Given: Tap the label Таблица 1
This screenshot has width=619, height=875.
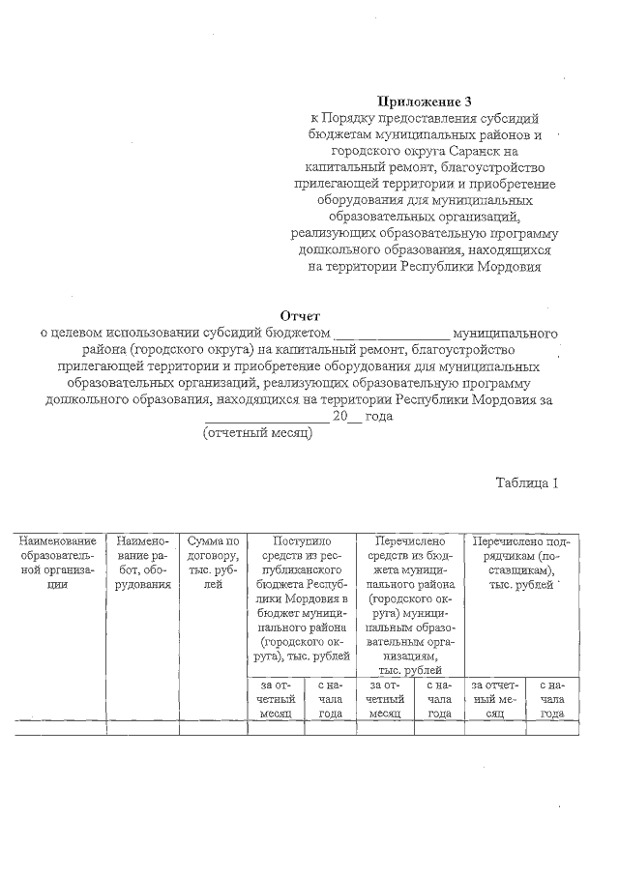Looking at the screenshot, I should click(x=527, y=482).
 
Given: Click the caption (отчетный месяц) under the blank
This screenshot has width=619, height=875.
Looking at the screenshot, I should click(x=256, y=432).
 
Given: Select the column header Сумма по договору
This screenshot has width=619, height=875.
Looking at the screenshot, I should click(x=213, y=556).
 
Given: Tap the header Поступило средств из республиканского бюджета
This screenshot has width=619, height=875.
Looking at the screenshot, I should click(x=302, y=599).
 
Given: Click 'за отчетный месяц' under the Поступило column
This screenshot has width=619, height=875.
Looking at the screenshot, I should click(x=275, y=699).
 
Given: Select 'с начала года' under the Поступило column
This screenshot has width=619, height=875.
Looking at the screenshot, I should click(x=330, y=699).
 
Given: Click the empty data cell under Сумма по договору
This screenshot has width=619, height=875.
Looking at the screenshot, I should click(x=213, y=728).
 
